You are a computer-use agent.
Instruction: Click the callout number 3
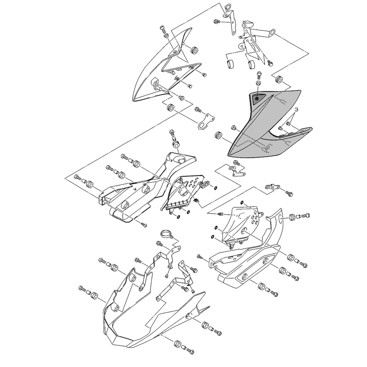[297, 109]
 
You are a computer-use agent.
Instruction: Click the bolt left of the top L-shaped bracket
[217, 22]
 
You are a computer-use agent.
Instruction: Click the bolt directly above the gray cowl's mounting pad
[259, 76]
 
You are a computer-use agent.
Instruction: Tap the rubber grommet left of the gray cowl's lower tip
[218, 135]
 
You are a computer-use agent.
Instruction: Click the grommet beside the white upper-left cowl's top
[193, 50]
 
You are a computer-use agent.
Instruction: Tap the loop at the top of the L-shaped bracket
[229, 8]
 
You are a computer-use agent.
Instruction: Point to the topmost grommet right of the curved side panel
[293, 217]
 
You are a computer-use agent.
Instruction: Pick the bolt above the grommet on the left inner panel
[171, 132]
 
